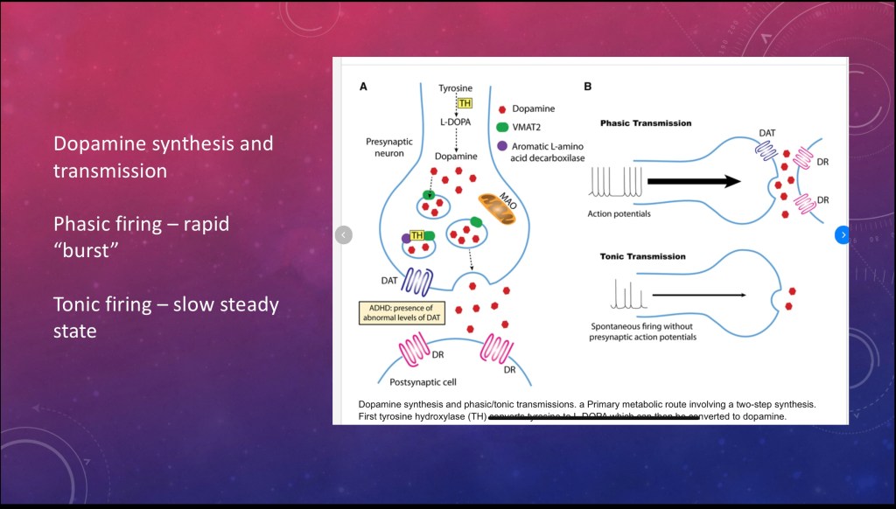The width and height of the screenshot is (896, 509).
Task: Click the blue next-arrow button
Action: tap(842, 234)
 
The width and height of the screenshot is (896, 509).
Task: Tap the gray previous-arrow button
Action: tap(344, 234)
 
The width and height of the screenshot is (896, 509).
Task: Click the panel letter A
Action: tap(363, 87)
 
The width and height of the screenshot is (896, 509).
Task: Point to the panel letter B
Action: tap(587, 87)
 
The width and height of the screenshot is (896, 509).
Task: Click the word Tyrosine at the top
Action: tap(456, 88)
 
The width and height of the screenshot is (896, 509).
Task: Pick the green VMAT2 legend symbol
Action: tap(501, 128)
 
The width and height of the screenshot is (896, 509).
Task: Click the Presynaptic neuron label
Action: tap(393, 146)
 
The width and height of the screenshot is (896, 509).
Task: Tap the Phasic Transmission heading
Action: tap(645, 123)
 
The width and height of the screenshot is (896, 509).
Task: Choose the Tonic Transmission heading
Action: tap(642, 256)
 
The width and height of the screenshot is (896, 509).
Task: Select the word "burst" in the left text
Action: tap(86, 252)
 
